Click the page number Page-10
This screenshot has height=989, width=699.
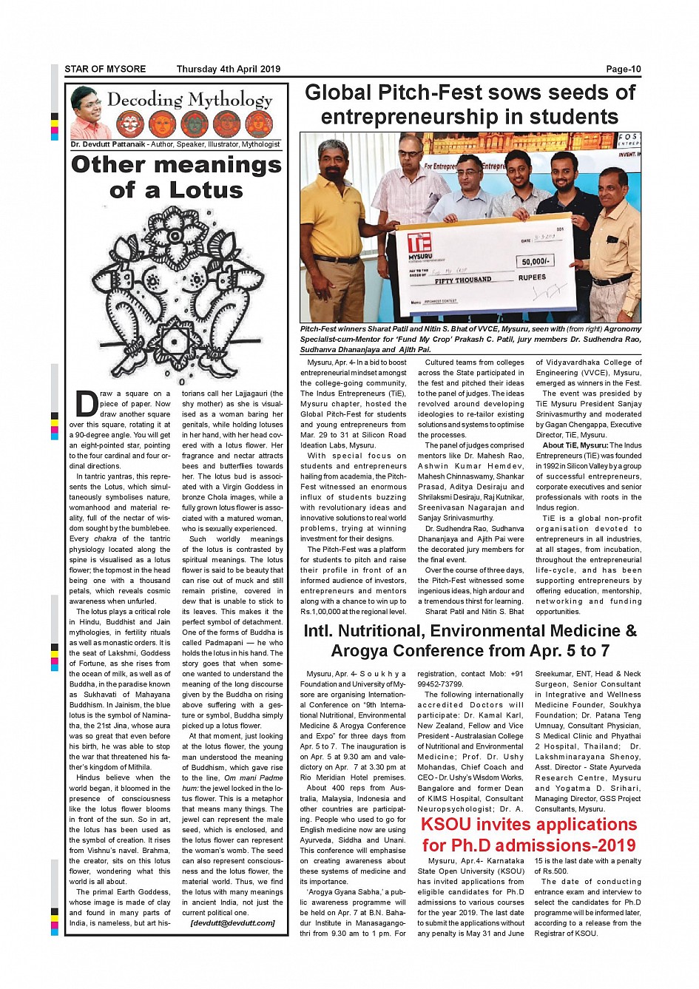[623, 70]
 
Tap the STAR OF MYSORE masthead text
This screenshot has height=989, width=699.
[105, 70]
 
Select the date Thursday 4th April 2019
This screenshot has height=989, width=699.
[228, 70]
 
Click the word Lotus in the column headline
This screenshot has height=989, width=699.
[206, 190]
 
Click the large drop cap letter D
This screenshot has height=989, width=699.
[86, 404]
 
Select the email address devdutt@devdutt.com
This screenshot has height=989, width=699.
[232, 922]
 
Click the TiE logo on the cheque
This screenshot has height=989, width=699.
[419, 242]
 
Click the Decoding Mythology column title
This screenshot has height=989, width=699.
[189, 99]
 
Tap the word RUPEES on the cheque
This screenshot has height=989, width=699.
[532, 277]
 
